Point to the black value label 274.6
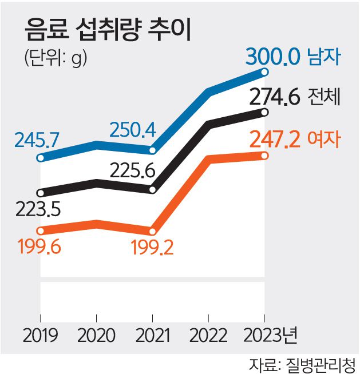(x=275, y=97)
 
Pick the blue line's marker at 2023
(x=264, y=71)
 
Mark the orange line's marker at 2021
(x=152, y=231)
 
